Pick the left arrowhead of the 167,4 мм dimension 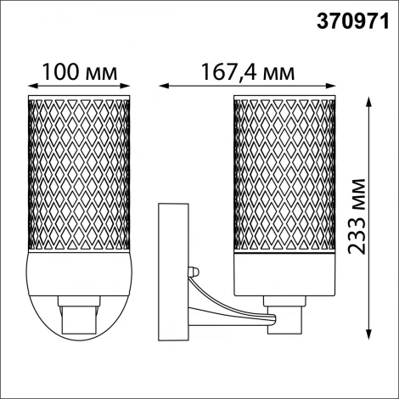(165, 84)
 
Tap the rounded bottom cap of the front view (79, 293)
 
